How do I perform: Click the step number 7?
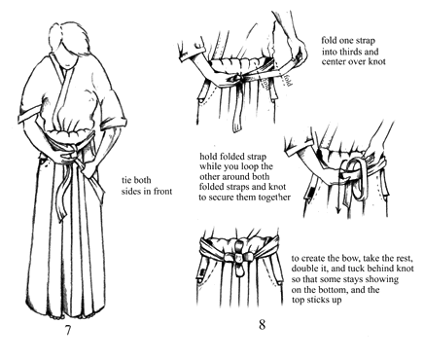click(x=68, y=330)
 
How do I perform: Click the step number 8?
click(x=262, y=324)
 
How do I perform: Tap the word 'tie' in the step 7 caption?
click(x=126, y=180)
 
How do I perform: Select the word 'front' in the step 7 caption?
click(x=162, y=192)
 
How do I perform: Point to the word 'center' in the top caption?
click(x=333, y=61)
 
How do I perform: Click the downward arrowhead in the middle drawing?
click(x=338, y=210)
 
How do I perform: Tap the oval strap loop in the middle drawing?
click(x=356, y=178)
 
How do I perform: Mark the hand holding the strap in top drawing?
click(x=297, y=49)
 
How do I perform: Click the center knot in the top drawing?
click(x=241, y=78)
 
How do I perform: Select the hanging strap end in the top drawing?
click(x=237, y=109)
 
